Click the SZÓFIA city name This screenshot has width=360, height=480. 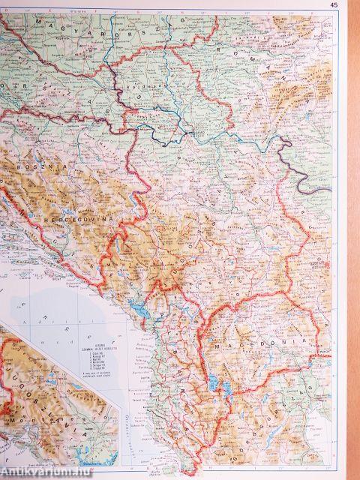(x=319, y=274)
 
